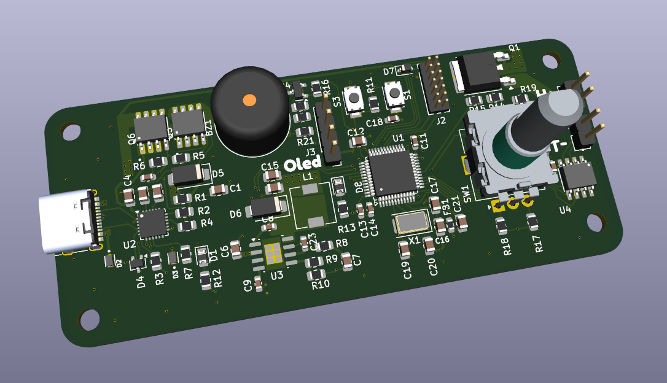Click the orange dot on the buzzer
(249, 99)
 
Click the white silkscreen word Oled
(303, 163)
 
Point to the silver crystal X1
(410, 222)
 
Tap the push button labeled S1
(393, 94)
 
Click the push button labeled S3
(354, 98)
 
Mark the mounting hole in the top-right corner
(551, 60)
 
